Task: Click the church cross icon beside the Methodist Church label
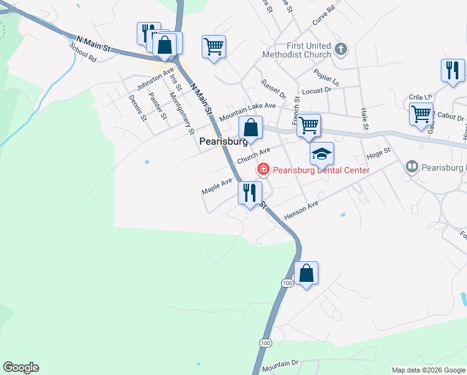coord(340,49)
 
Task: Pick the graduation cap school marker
coord(322,153)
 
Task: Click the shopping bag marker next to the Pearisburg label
coord(250,127)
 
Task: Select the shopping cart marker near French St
coord(308,124)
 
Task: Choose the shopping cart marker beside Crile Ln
coord(421,114)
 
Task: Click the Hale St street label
coord(365,119)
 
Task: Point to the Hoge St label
coord(378,153)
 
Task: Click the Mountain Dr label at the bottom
coord(281,364)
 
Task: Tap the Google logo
coord(21,367)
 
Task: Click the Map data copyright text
coord(428,370)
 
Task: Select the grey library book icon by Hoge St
coord(411,167)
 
